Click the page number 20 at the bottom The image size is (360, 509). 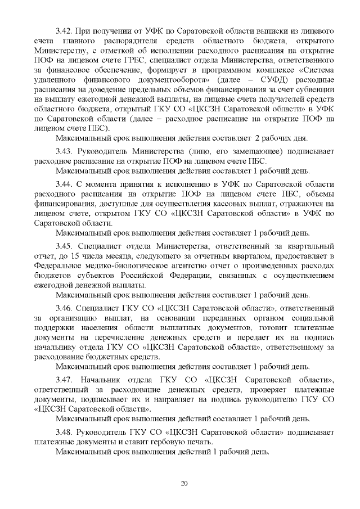pos(183,483)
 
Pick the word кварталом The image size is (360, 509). pos(235,257)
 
